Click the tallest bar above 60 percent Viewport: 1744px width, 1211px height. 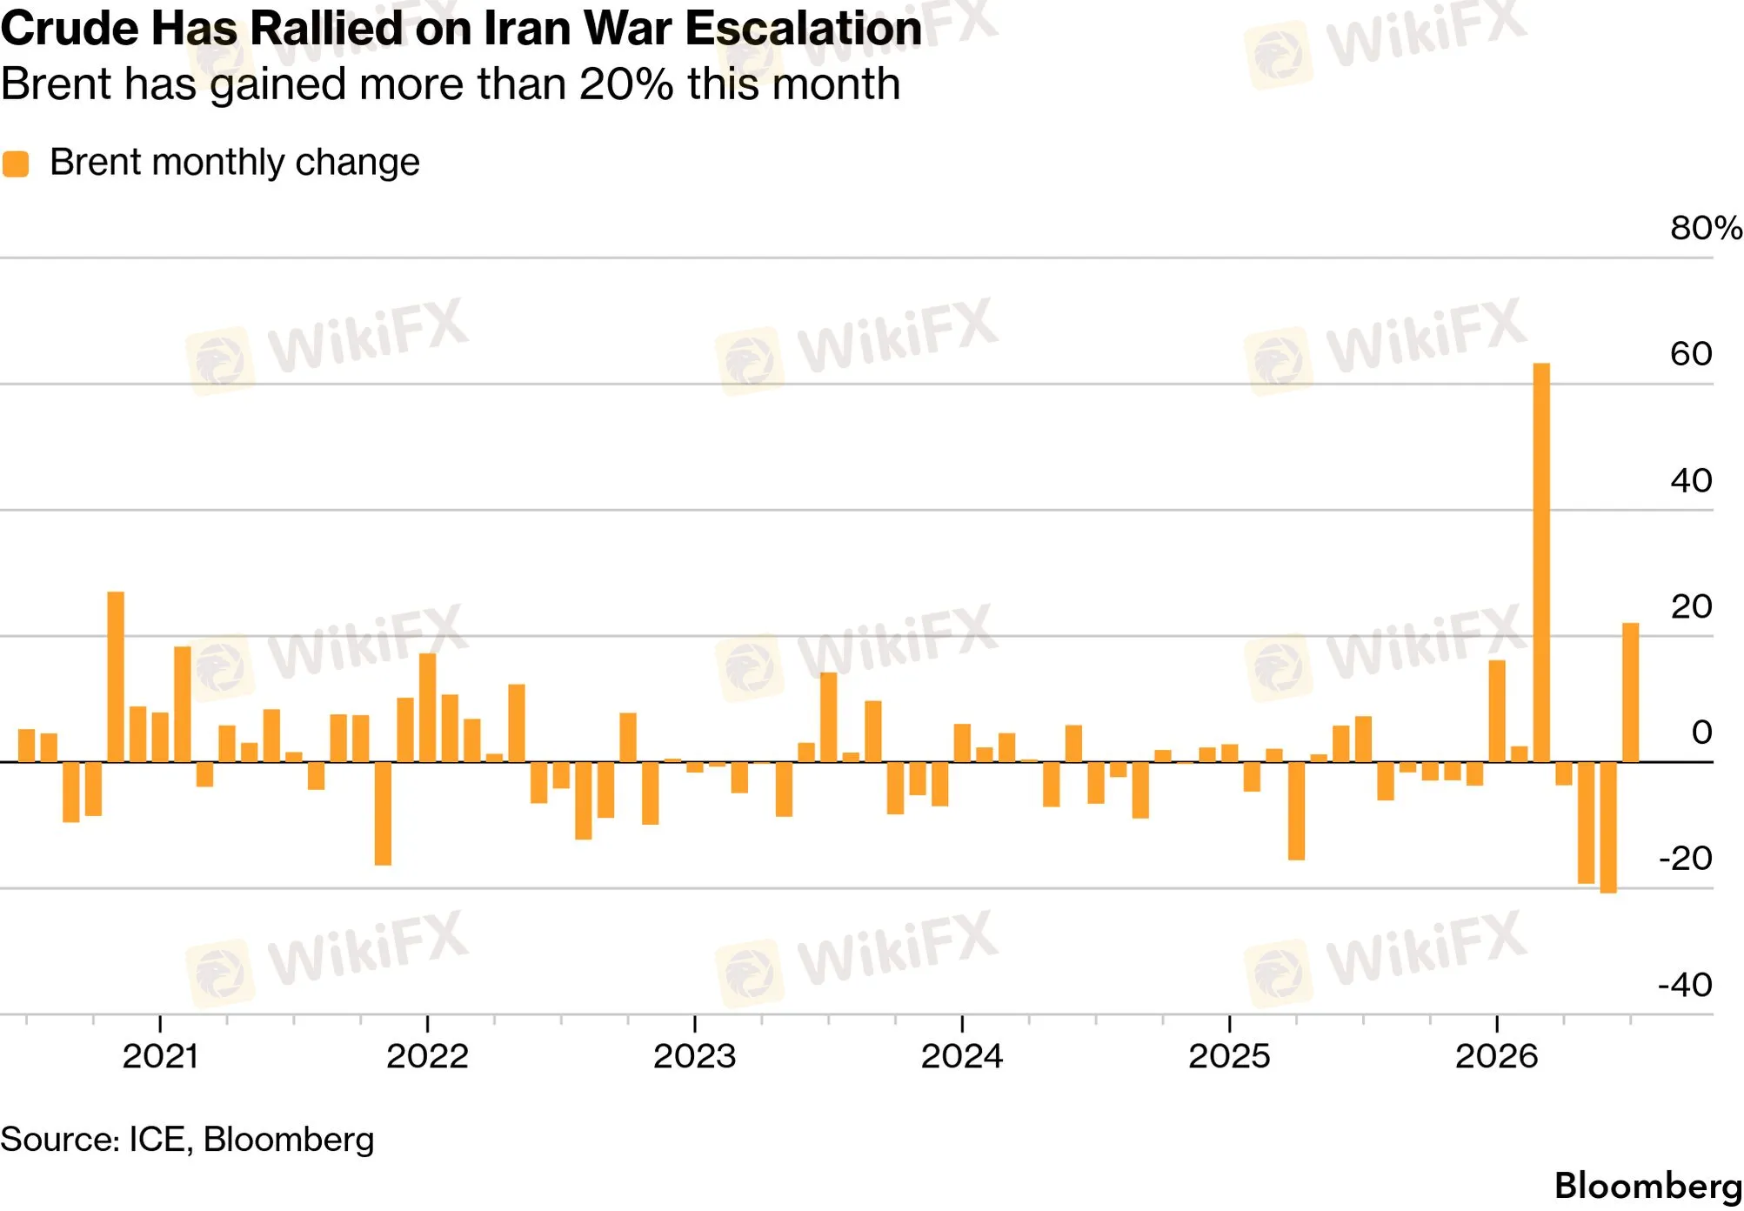(x=1540, y=562)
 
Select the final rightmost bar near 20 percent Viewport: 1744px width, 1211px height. (x=1630, y=692)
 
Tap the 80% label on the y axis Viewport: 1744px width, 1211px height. (x=1706, y=228)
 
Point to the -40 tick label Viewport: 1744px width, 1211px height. (x=1685, y=985)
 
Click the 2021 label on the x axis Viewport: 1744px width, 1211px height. (x=160, y=1056)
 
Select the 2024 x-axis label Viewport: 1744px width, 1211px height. (x=962, y=1056)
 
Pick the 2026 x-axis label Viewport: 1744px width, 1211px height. (x=1496, y=1056)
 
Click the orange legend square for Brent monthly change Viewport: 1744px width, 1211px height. (x=16, y=164)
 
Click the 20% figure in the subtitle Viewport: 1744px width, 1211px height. (x=625, y=84)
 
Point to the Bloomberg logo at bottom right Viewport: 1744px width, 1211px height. (x=1647, y=1186)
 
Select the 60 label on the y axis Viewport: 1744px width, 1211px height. (x=1691, y=354)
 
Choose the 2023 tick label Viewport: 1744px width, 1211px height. (x=694, y=1056)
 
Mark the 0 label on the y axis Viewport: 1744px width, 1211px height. (x=1701, y=733)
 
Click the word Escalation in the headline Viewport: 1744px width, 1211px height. (x=803, y=28)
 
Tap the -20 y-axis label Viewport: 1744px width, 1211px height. (x=1685, y=859)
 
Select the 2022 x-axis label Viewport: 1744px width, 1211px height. (x=427, y=1056)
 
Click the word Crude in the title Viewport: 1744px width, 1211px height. (x=70, y=28)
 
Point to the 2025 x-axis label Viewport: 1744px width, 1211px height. (x=1229, y=1056)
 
